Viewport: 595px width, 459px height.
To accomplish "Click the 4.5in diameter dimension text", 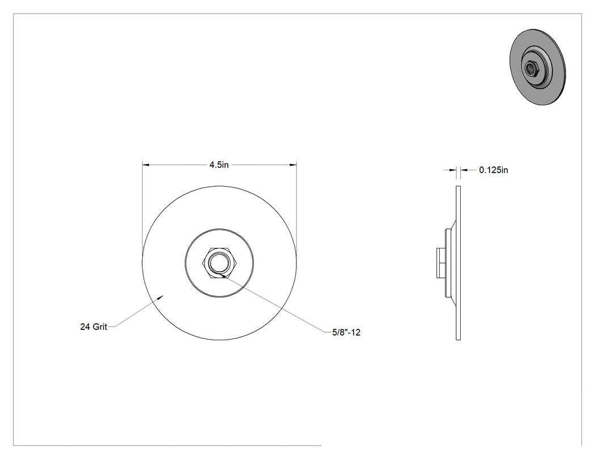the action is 219,165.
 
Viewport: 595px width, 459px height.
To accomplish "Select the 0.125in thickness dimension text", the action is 494,170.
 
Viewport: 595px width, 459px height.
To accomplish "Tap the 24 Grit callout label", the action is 93,327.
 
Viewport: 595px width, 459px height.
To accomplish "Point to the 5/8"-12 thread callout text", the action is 346,332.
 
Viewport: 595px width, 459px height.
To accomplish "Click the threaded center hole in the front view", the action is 219,262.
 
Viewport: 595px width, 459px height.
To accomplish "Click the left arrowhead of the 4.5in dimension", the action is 146,165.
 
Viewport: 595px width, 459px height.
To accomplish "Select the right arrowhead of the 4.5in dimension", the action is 292,165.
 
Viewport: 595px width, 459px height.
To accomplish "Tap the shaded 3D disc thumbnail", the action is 537,67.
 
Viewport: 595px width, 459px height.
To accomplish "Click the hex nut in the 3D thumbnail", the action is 530,68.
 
